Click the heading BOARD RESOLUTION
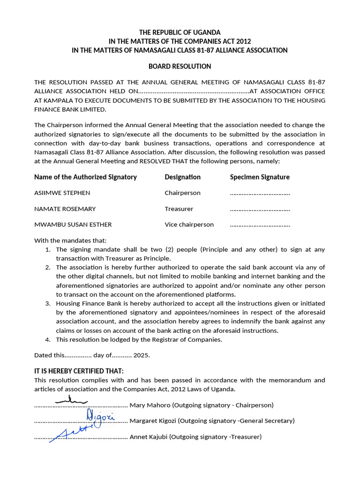(180, 66)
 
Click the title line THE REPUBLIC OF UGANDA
(180, 32)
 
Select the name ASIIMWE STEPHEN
(62, 193)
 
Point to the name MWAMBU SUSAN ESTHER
(73, 225)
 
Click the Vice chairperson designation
(189, 225)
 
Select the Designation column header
(182, 177)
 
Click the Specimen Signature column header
(259, 177)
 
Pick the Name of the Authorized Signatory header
(85, 177)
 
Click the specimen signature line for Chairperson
(260, 193)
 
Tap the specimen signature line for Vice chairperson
(260, 225)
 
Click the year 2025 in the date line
(141, 355)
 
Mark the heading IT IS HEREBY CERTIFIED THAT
(79, 371)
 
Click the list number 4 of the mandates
(47, 339)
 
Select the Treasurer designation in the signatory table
(179, 209)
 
